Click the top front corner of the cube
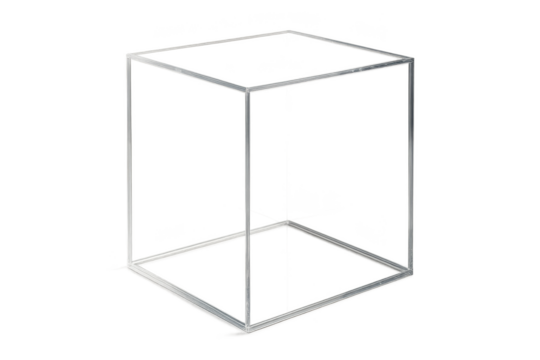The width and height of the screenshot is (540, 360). click(x=247, y=90)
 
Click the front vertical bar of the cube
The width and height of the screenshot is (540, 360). click(x=245, y=210)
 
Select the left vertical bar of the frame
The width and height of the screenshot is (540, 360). click(x=127, y=165)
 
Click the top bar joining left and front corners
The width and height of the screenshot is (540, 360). click(x=186, y=74)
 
